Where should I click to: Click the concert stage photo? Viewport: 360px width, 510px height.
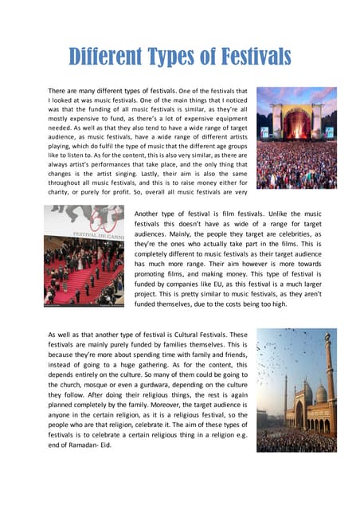pyautogui.click(x=295, y=137)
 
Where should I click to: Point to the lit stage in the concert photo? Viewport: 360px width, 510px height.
pyautogui.click(x=295, y=124)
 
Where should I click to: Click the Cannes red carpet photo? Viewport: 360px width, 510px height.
pyautogui.click(x=84, y=255)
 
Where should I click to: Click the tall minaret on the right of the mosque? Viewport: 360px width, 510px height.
pyautogui.click(x=329, y=382)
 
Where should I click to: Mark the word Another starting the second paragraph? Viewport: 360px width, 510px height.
pyautogui.click(x=149, y=214)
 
